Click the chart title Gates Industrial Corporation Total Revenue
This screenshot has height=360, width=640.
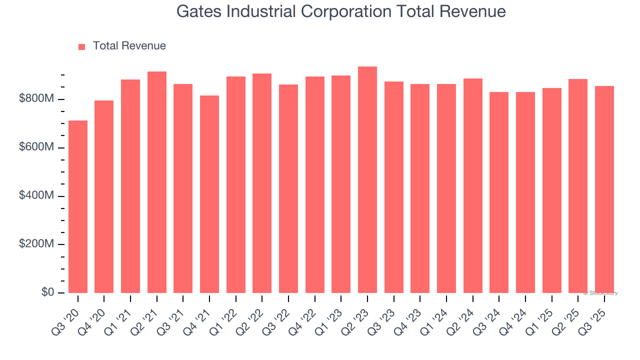point(341,12)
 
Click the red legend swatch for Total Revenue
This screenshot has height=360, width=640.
point(82,46)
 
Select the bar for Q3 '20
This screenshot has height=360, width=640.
point(78,206)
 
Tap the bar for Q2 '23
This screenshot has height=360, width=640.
point(367,179)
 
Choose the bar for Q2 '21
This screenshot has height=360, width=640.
point(157,182)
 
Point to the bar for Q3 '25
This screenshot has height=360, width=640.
point(604,189)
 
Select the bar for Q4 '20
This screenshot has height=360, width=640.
point(104,196)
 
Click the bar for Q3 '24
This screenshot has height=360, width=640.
point(499,192)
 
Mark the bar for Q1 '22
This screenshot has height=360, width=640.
point(236,184)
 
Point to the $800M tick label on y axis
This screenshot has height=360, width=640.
point(36,99)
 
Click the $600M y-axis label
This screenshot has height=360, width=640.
point(36,147)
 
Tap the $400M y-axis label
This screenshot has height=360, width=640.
point(36,196)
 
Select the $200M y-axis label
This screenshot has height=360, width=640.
point(36,244)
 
